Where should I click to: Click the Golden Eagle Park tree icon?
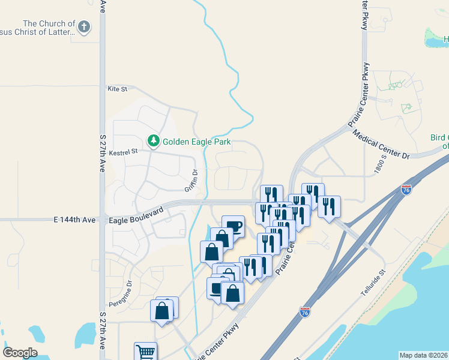point(154,141)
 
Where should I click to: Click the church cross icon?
point(84,27)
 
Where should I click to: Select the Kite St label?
point(118,89)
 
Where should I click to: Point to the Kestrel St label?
point(123,151)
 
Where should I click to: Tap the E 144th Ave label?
point(74,220)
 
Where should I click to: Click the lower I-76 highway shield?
point(305,312)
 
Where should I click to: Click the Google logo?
point(20,353)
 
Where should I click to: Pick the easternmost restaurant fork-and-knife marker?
point(329,207)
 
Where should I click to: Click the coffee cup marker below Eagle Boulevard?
point(233,226)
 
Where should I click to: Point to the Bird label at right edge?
point(439,137)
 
